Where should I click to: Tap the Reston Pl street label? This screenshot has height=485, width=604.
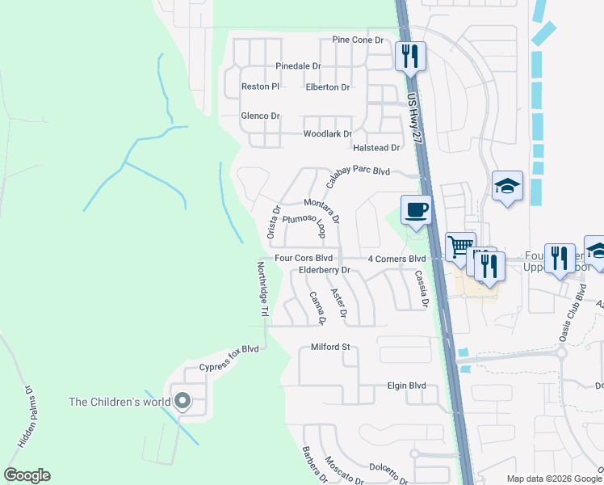260,86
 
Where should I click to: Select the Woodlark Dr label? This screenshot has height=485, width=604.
327,134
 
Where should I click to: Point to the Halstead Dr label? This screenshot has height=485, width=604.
376,148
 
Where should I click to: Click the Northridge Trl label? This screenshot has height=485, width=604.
262,288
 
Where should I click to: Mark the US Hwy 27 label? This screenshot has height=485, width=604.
415,117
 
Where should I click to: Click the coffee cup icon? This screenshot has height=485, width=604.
416,210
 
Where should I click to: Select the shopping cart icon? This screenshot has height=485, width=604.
460,246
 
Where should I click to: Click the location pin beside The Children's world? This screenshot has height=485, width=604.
183,400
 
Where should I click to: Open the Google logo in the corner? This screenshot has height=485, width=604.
27,475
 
